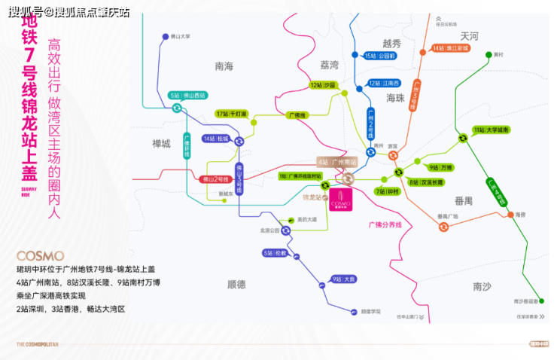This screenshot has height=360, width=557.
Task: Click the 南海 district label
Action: point(224,66)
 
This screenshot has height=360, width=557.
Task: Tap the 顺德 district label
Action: point(236,284)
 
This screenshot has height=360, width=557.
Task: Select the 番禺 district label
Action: point(464,201)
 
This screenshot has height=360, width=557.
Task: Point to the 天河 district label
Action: point(470,35)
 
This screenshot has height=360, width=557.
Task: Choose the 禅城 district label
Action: point(161,143)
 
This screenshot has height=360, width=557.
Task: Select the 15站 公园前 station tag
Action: point(380,56)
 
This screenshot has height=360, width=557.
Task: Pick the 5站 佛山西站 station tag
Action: point(188,96)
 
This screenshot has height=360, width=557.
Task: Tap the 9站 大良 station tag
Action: point(342,279)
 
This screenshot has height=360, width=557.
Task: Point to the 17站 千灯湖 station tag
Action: point(231,114)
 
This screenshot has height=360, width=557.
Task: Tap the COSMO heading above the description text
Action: point(40,256)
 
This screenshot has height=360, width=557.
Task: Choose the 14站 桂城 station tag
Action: point(215,139)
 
